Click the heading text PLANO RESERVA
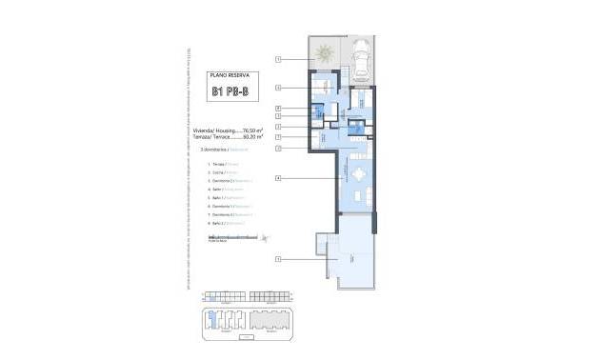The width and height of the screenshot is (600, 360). click(228, 72)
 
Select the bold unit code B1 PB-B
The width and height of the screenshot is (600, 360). click(229, 92)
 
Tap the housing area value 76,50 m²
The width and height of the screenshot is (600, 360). click(252, 130)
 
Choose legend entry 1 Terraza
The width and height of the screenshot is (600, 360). click(220, 164)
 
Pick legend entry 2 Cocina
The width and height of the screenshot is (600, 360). click(220, 172)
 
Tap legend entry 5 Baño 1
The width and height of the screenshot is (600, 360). click(223, 198)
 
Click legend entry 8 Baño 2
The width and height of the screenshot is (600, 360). click(223, 224)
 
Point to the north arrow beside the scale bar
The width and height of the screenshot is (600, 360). click(267, 238)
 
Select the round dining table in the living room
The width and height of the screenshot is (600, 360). click(358, 173)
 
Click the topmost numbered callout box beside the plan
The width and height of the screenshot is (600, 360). click(278, 59)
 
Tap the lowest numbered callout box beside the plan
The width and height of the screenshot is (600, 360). click(278, 258)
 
